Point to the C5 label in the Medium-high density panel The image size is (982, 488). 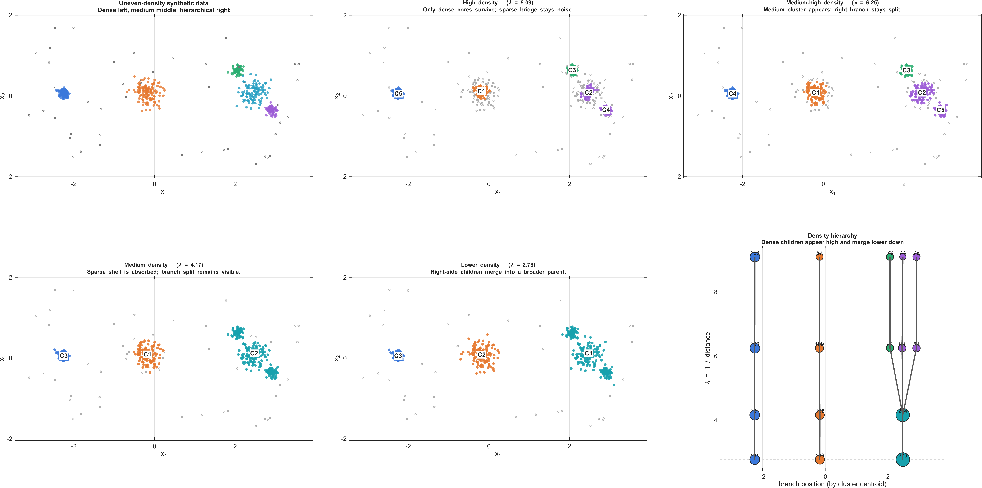pos(940,110)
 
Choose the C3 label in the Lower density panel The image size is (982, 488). pos(398,356)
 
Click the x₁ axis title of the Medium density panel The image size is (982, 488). pos(164,454)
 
